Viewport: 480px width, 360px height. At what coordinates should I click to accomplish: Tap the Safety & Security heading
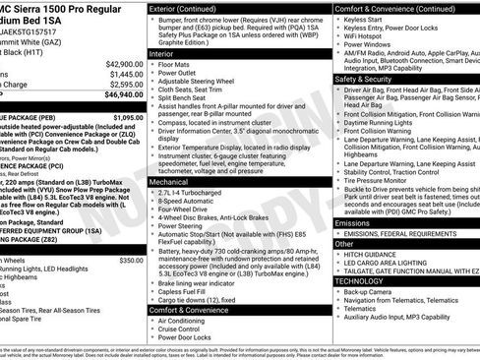[x=369, y=78]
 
